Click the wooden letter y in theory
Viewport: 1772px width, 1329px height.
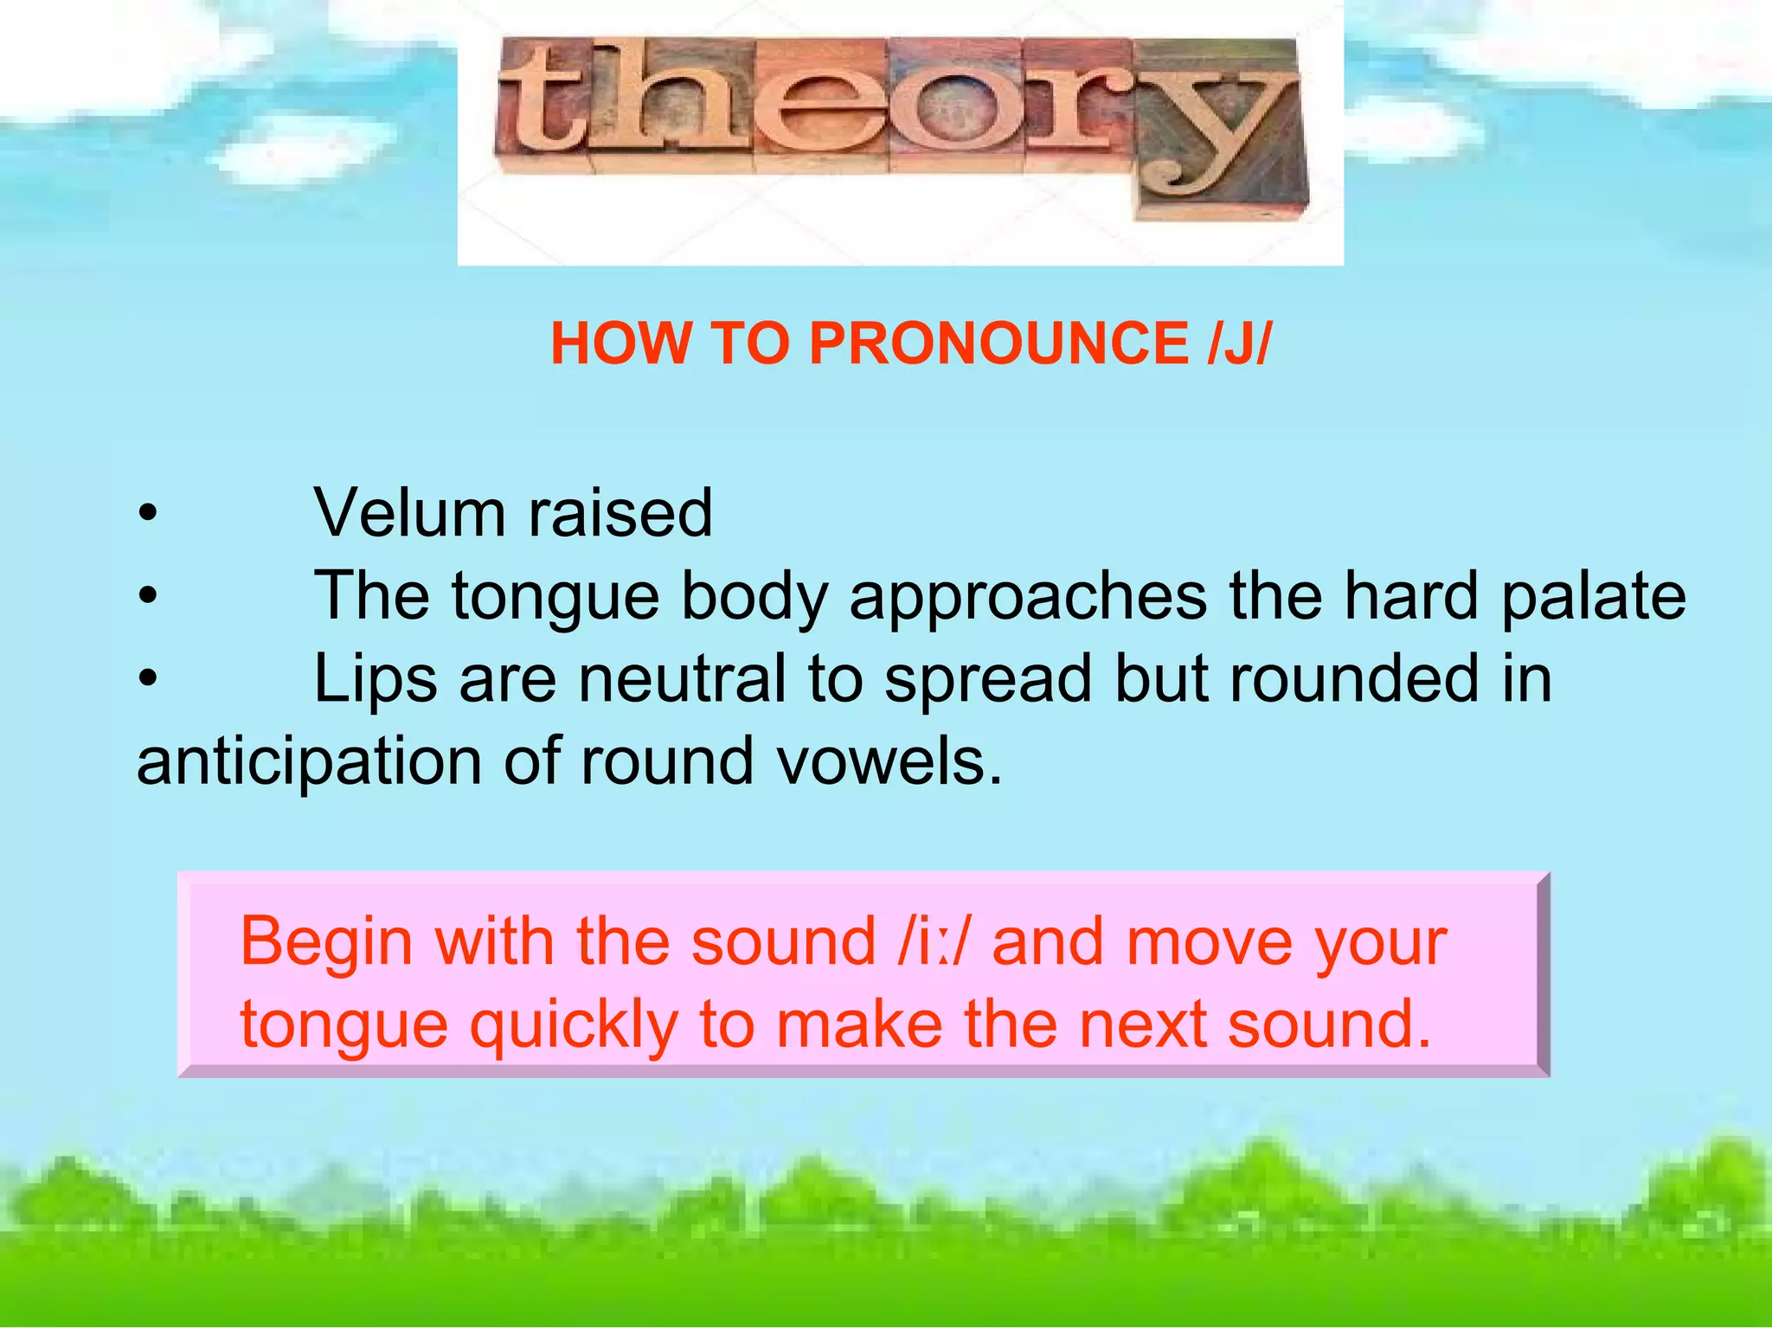(1216, 130)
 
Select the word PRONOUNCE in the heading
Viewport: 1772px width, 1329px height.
(999, 343)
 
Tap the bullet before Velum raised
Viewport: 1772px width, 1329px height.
(148, 515)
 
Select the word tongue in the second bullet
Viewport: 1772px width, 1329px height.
(555, 597)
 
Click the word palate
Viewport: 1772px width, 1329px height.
(1593, 597)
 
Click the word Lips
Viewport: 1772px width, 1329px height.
(375, 679)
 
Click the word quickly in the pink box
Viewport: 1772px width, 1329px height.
(574, 1026)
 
